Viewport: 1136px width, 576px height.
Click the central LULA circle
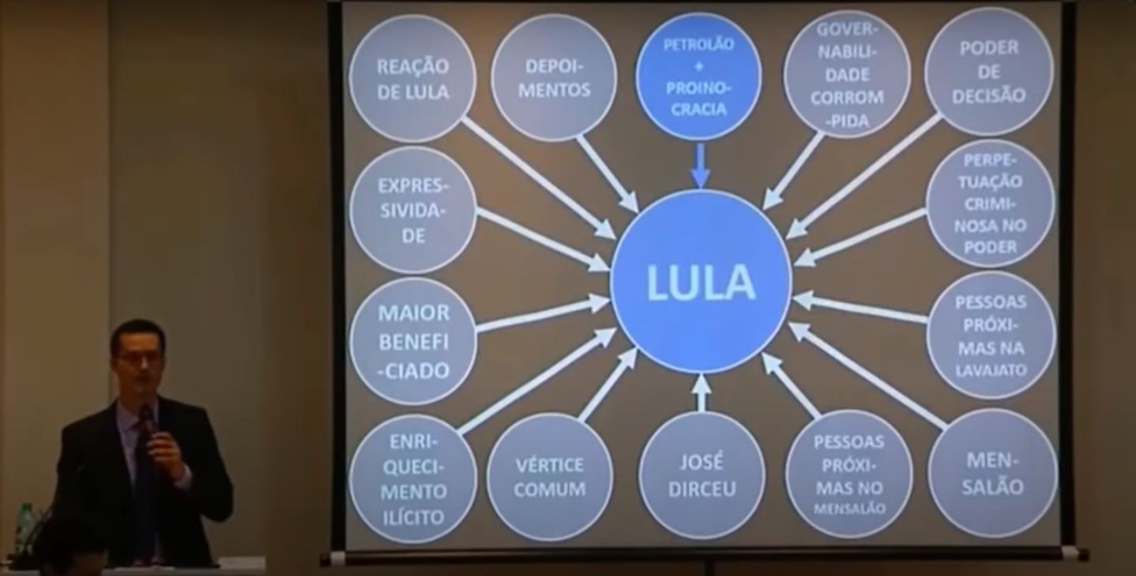(x=701, y=282)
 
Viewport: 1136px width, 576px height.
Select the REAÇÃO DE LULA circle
(x=413, y=79)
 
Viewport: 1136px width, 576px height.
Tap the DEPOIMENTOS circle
(x=554, y=78)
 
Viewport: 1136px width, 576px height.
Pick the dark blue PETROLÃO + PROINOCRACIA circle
(x=698, y=76)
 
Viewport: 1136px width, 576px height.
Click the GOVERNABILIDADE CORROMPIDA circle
(x=846, y=76)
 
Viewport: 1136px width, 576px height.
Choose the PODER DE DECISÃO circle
(x=988, y=72)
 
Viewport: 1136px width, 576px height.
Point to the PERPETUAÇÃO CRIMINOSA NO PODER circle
(x=990, y=204)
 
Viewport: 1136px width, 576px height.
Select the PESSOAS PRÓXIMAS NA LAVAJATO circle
(x=991, y=335)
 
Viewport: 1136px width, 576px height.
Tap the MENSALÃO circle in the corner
(x=992, y=473)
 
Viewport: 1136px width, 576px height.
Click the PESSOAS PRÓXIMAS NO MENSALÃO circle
(x=849, y=474)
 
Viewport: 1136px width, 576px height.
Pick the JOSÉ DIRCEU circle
(x=701, y=475)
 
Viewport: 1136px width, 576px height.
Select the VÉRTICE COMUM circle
(x=550, y=477)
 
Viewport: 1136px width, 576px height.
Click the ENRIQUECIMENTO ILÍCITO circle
(x=413, y=479)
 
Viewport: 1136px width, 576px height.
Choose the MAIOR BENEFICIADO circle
(x=413, y=341)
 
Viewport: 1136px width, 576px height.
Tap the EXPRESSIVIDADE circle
(x=413, y=210)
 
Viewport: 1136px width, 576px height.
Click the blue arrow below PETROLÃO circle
(x=700, y=166)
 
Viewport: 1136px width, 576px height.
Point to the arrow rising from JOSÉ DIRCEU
(x=701, y=393)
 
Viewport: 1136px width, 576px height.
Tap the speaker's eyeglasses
(x=139, y=357)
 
